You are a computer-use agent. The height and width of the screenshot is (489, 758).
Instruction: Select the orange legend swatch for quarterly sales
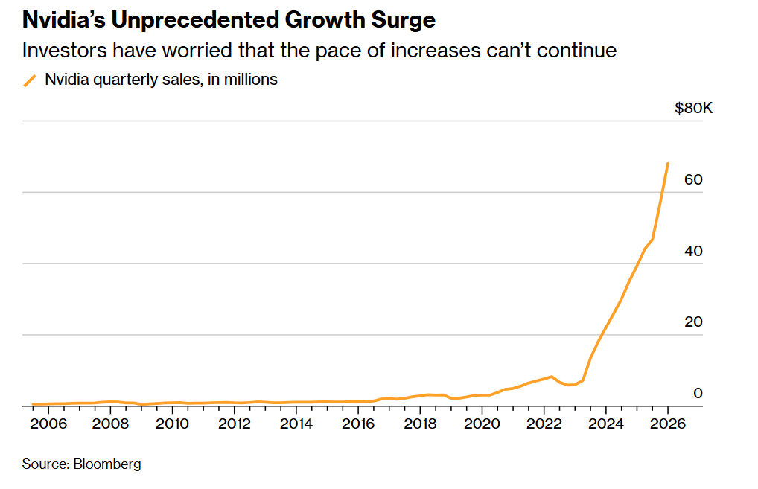pos(30,80)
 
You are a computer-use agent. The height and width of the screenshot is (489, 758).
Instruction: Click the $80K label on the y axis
pos(693,109)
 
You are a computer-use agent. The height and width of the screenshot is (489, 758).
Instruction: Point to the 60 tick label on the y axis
pos(693,180)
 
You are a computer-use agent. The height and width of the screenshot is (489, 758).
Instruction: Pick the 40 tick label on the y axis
pos(693,252)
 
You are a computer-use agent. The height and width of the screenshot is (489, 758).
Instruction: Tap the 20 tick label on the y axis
pos(693,322)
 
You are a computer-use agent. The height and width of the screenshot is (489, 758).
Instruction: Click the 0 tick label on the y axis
pos(698,393)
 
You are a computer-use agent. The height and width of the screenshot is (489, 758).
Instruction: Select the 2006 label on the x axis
pos(48,424)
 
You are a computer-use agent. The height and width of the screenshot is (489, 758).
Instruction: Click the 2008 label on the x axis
pos(110,424)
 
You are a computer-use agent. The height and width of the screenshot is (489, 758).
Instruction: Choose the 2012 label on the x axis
pos(234,424)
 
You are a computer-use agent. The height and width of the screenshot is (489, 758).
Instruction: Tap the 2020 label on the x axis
pos(482,424)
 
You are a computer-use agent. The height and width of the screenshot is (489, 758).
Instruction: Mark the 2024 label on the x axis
pos(605,424)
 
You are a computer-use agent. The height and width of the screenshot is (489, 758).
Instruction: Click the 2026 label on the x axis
pos(667,424)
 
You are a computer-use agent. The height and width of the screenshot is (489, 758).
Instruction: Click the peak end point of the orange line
pos(667,163)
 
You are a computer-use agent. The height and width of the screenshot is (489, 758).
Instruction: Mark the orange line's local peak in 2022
pos(551,377)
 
